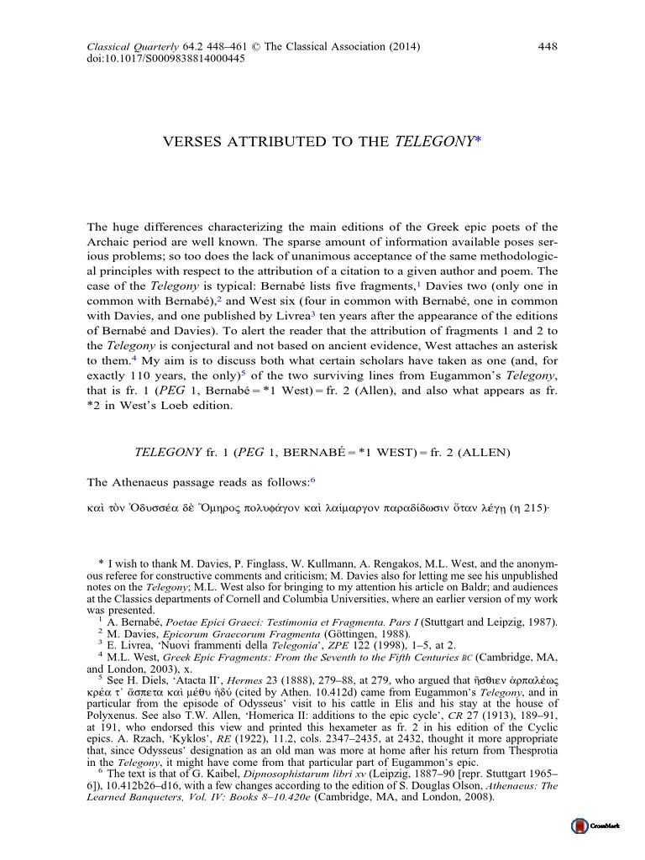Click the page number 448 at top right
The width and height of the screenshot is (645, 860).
548,45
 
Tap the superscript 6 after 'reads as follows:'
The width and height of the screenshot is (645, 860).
312,480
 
